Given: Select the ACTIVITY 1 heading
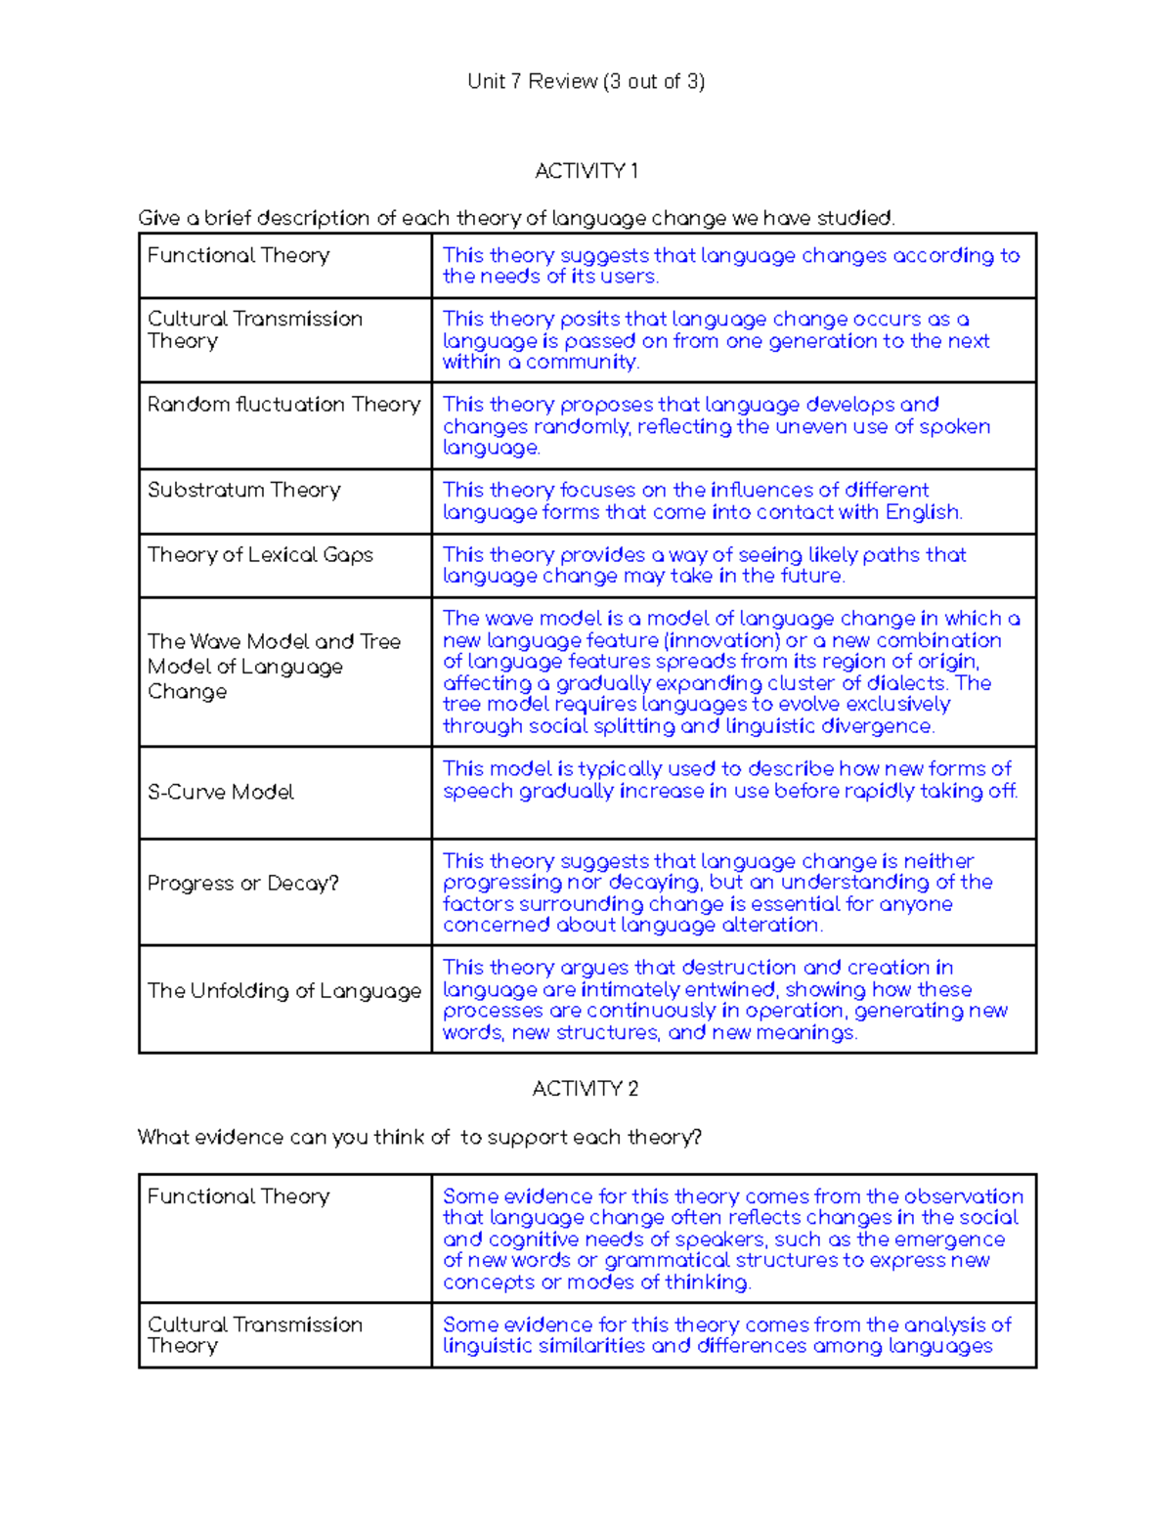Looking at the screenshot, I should point(586,171).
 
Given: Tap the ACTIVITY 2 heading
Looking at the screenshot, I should point(585,1088).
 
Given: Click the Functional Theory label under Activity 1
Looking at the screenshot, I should point(239,255).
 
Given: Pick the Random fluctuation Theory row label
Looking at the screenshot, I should point(283,405).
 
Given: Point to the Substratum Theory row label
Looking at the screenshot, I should point(243,490).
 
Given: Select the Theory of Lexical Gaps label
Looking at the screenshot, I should point(260,554).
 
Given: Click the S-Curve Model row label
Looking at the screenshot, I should point(220,792).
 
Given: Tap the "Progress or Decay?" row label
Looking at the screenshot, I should point(242,883).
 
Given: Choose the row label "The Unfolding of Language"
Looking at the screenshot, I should point(283,990).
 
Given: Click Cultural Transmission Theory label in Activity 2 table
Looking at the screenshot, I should point(254,1334).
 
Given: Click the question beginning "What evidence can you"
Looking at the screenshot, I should point(419,1137).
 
